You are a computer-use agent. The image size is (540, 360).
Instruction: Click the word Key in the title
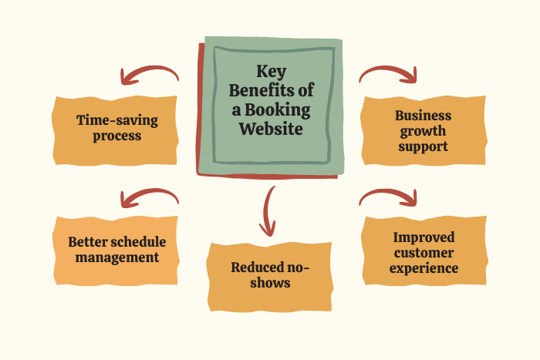point(272,72)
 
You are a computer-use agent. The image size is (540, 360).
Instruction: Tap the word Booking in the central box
point(278,111)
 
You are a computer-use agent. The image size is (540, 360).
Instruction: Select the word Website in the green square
point(271,129)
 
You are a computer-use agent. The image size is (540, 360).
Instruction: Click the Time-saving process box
point(115,131)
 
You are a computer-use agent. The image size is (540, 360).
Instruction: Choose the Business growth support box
point(424,130)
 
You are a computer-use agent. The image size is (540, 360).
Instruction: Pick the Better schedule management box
point(116,251)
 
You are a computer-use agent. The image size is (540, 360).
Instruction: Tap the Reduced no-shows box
point(270,277)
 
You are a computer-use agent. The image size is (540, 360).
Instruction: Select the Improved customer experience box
point(424,251)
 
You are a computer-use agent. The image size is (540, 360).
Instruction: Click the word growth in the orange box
point(423,132)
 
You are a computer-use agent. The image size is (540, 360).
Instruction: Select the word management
point(117,257)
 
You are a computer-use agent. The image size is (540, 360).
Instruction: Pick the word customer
point(424,253)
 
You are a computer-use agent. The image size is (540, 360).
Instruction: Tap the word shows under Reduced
point(270,283)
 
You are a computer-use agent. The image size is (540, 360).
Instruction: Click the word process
point(117,136)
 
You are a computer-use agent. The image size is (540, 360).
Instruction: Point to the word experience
point(424,269)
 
